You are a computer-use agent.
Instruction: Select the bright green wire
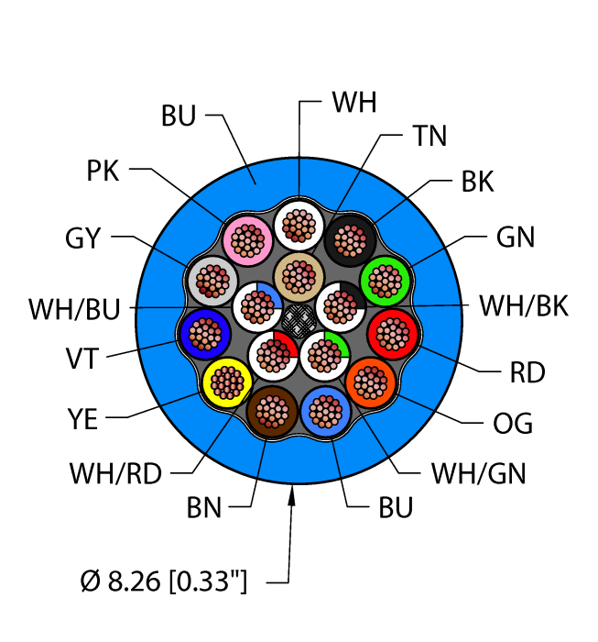[x=386, y=279]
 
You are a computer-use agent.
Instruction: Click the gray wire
[x=211, y=279]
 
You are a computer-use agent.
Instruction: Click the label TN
[x=429, y=137]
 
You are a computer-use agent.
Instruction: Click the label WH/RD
[x=114, y=474]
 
